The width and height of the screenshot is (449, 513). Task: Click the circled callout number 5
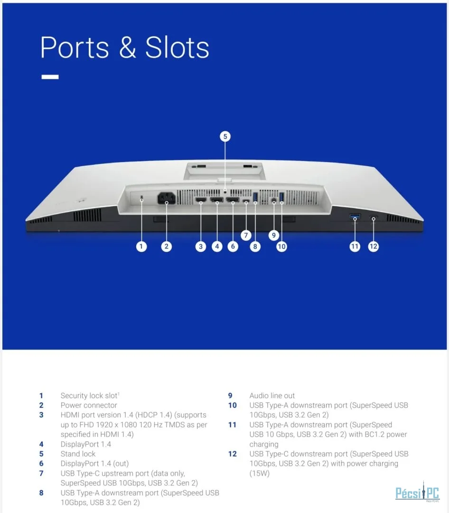pyautogui.click(x=225, y=136)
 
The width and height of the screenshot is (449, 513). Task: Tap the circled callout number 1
pyautogui.click(x=141, y=247)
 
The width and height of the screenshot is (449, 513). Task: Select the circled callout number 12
pyautogui.click(x=373, y=247)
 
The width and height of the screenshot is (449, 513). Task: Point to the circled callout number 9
pyautogui.click(x=274, y=235)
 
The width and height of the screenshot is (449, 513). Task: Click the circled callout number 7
pyautogui.click(x=246, y=235)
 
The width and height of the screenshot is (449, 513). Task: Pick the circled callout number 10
pyautogui.click(x=281, y=247)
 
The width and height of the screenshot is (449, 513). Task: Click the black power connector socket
pyautogui.click(x=167, y=198)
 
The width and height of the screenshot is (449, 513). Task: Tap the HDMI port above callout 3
pyautogui.click(x=201, y=199)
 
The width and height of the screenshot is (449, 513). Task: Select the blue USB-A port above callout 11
pyautogui.click(x=355, y=216)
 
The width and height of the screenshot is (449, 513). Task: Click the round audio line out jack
pyautogui.click(x=274, y=199)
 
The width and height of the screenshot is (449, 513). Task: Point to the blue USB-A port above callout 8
pyautogui.click(x=255, y=197)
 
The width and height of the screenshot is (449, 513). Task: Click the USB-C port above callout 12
pyautogui.click(x=374, y=217)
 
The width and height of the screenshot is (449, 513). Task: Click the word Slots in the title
pyautogui.click(x=177, y=47)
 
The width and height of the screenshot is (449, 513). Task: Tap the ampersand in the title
pyautogui.click(x=127, y=47)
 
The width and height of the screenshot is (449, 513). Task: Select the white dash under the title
pyautogui.click(x=50, y=77)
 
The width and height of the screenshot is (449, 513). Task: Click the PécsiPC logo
pyautogui.click(x=417, y=492)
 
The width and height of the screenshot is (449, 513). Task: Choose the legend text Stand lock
pyautogui.click(x=78, y=454)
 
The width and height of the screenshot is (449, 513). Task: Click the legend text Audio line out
pyautogui.click(x=272, y=396)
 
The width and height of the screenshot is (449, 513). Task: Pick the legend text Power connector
pyautogui.click(x=89, y=405)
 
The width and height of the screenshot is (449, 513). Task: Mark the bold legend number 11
pyautogui.click(x=232, y=425)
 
